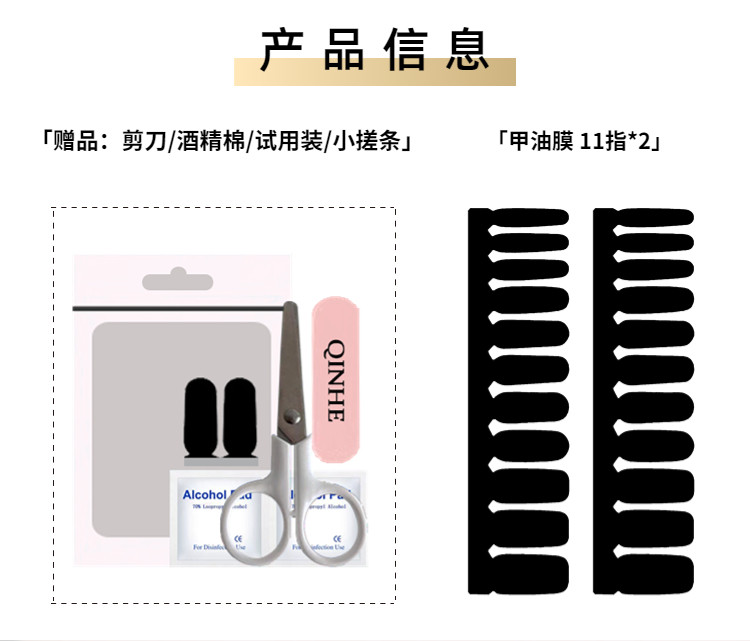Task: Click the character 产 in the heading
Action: pyautogui.click(x=281, y=49)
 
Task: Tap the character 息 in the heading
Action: pyautogui.click(x=467, y=49)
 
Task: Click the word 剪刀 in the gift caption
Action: pyautogui.click(x=143, y=141)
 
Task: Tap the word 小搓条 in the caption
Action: pyautogui.click(x=365, y=141)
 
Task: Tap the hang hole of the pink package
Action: pyautogui.click(x=179, y=279)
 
